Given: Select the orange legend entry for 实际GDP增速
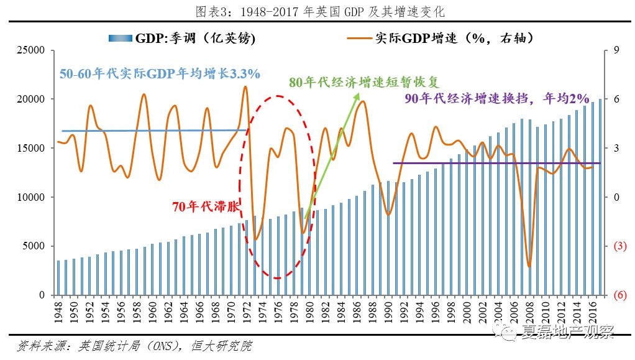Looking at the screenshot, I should click(441, 39).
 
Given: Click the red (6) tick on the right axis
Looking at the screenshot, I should click(619, 295).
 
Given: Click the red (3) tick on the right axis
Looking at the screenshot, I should click(619, 246).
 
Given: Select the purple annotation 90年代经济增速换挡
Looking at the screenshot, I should click(496, 98).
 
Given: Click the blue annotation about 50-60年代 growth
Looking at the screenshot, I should click(160, 73).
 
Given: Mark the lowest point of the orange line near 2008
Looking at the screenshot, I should click(529, 266).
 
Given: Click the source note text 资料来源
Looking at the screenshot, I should click(134, 346).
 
